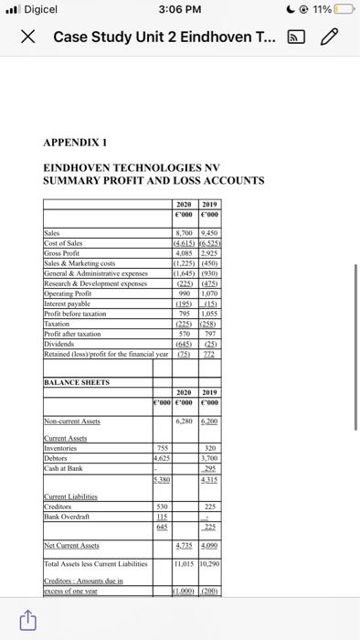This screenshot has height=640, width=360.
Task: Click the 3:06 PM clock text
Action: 179,9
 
